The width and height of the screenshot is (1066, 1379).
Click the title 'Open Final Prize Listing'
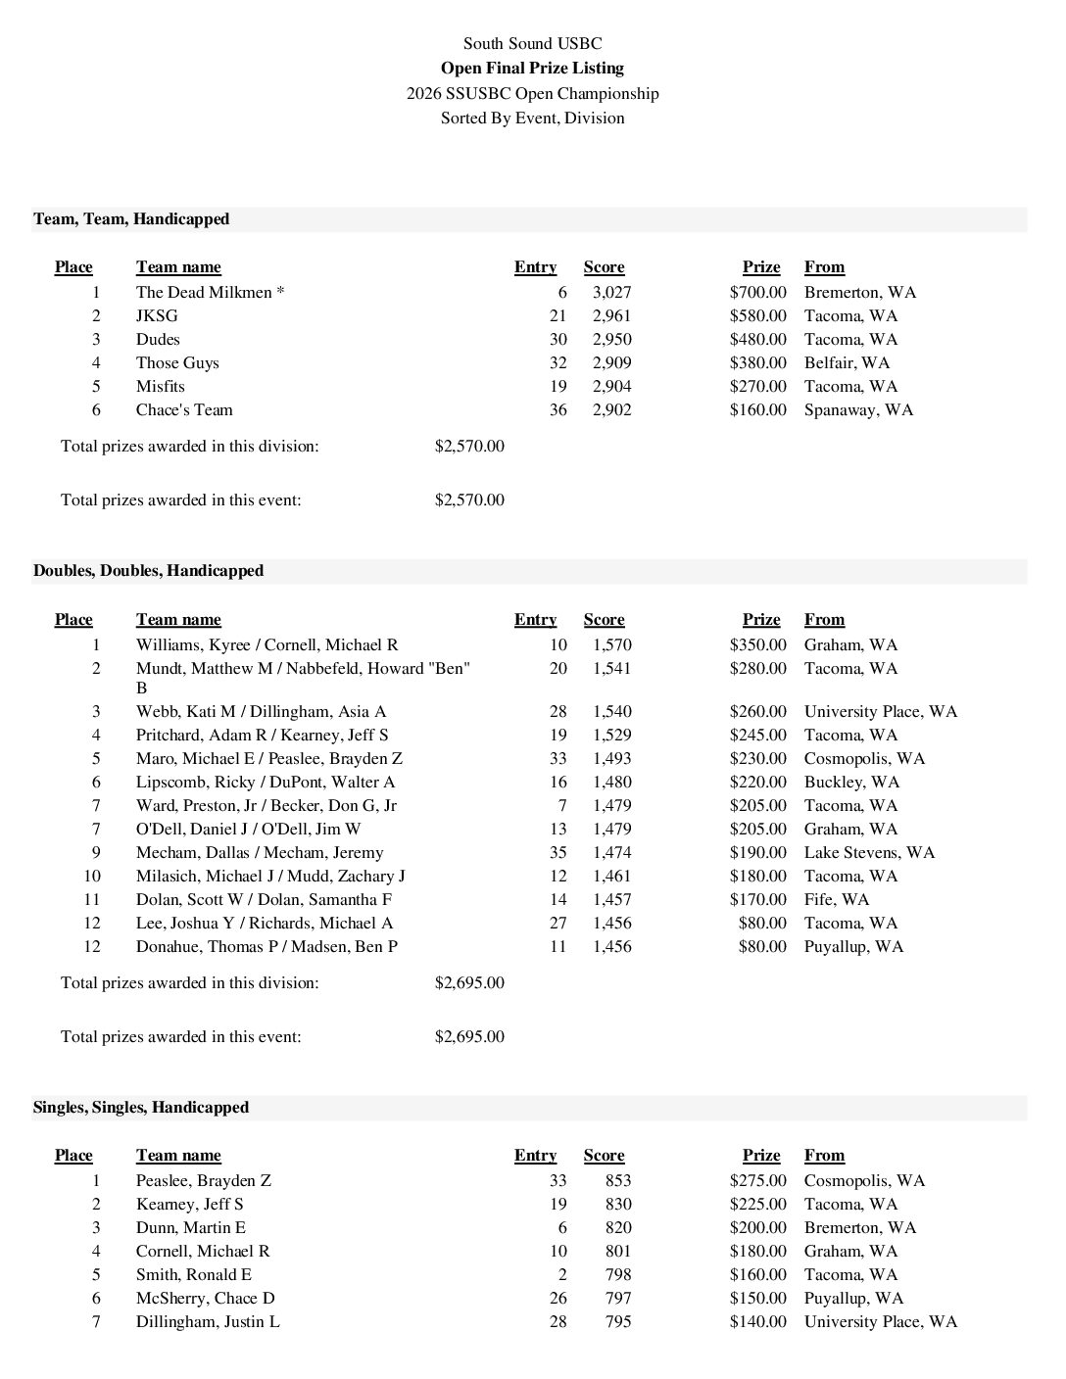coord(532,69)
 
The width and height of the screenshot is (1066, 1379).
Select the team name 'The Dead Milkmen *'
coord(210,292)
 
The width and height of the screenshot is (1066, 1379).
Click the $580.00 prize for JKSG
coord(757,315)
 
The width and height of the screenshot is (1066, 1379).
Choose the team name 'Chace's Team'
coord(184,409)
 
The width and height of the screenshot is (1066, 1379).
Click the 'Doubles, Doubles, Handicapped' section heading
coord(148,570)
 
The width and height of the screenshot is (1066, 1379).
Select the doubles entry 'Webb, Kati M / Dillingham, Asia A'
coord(261,711)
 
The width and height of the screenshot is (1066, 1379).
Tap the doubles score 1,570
coord(611,644)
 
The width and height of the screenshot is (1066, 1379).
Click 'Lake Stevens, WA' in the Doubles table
coord(869,852)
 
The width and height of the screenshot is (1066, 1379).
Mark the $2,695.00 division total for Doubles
coord(469,982)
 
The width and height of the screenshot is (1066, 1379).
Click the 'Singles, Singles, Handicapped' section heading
coord(141,1107)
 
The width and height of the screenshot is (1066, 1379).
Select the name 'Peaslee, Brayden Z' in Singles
coord(204,1180)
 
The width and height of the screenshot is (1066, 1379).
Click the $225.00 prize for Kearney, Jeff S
coord(757,1204)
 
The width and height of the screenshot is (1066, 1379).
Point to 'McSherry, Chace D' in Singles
coord(205,1298)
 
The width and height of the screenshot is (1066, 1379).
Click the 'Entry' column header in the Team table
coord(535,267)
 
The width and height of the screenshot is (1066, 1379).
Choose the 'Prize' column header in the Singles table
coord(761,1156)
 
